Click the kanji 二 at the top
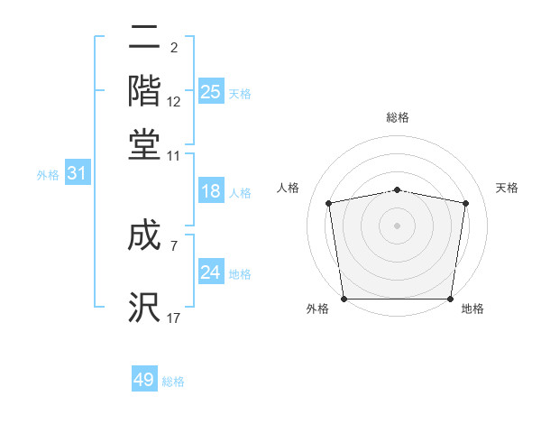click(x=144, y=40)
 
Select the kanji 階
click(x=144, y=92)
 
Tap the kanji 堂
click(x=144, y=144)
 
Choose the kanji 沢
click(x=144, y=308)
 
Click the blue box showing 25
click(x=211, y=91)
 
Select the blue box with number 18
click(x=211, y=191)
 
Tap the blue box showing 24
click(x=211, y=272)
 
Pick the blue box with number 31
click(x=77, y=173)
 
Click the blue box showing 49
click(x=144, y=380)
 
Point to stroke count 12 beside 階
click(x=174, y=103)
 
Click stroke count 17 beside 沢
click(x=174, y=318)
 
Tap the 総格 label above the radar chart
click(x=397, y=117)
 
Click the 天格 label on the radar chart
click(x=507, y=188)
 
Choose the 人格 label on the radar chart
click(x=288, y=188)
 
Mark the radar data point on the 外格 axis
click(x=344, y=299)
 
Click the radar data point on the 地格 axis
click(x=450, y=299)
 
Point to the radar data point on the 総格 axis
click(x=397, y=189)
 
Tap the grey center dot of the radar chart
click(x=397, y=225)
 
